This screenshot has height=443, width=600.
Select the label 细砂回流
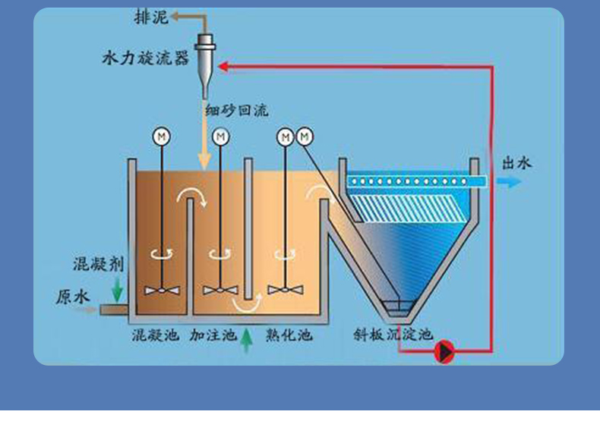[236, 111]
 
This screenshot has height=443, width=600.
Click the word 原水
[73, 297]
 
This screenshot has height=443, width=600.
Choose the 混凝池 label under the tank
[156, 335]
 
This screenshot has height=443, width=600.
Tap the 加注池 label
[213, 335]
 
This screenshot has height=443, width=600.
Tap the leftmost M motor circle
[162, 137]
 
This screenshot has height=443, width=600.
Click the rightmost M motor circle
[305, 137]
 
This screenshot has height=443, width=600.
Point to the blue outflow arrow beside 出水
[509, 182]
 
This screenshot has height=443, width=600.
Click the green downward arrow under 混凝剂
[117, 289]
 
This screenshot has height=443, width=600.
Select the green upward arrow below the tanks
[245, 343]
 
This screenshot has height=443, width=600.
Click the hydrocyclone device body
[206, 57]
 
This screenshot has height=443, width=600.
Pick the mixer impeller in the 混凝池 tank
[162, 291]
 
